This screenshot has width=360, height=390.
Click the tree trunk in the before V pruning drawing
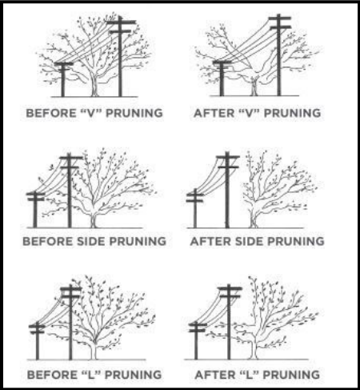pyautogui.click(x=94, y=86)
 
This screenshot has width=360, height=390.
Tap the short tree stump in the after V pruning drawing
pyautogui.click(x=254, y=86)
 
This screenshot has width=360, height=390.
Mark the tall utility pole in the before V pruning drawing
pyautogui.click(x=120, y=56)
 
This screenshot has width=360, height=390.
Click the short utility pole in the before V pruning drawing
pyautogui.click(x=63, y=79)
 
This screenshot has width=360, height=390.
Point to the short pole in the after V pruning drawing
pyautogui.click(x=222, y=78)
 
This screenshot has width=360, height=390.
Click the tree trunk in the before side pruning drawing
pyautogui.click(x=93, y=220)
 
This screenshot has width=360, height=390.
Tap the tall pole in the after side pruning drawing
pyautogui.click(x=227, y=190)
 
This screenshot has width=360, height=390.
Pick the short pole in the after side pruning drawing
pyautogui.click(x=195, y=209)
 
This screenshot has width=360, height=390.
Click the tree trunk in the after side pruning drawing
pyautogui.click(x=253, y=219)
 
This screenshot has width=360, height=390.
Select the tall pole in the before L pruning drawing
pyautogui.click(x=70, y=322)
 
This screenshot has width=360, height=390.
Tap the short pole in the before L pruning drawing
pyautogui.click(x=38, y=341)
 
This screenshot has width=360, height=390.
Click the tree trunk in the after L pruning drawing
pyautogui.click(x=254, y=347)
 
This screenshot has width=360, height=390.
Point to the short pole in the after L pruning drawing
pyautogui.click(x=196, y=340)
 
